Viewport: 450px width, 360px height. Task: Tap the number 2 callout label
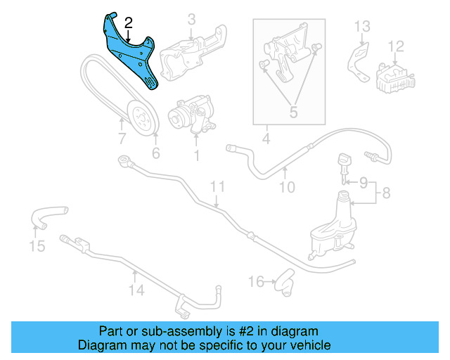[128, 23]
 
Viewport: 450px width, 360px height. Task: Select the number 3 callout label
[191, 20]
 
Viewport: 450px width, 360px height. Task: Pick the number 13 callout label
[361, 27]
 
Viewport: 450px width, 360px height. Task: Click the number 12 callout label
[397, 46]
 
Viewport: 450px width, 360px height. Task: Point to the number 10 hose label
[286, 187]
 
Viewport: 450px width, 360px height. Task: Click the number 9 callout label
[364, 183]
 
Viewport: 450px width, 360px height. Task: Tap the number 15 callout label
[37, 245]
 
